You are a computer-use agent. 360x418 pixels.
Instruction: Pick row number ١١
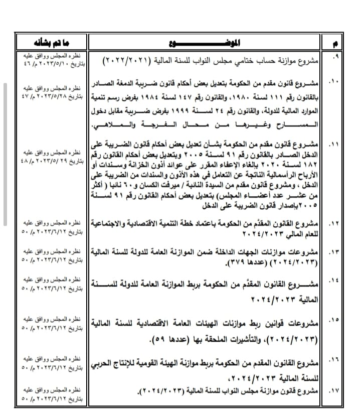pyautogui.click(x=335, y=145)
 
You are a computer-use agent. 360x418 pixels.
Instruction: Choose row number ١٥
pyautogui.click(x=335, y=319)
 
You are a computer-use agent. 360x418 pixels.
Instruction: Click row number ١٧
pyautogui.click(x=335, y=390)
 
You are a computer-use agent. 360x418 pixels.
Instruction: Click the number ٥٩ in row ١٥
pyautogui.click(x=159, y=341)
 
